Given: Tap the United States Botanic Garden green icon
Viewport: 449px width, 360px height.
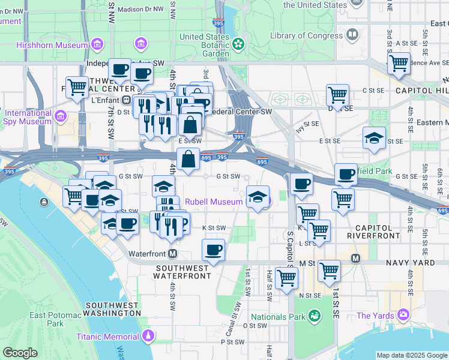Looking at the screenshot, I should pos(238,43).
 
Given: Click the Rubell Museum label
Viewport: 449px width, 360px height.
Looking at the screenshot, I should pos(213,202).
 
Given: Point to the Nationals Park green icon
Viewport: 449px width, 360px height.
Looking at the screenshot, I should pos(314,316).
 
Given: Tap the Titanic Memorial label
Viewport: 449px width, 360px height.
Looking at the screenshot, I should pos(107,337).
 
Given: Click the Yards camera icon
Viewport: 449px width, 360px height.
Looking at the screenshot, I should pos(402,314).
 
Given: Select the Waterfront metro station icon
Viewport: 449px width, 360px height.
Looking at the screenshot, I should pos(173,254).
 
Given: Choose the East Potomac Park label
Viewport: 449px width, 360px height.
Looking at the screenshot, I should pos(55,319).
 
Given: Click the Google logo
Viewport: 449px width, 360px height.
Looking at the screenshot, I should pos(20,353).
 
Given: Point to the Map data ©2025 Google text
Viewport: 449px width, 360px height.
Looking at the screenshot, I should pos(412,355).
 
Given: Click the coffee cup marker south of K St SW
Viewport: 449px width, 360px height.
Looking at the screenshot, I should pos(212,250).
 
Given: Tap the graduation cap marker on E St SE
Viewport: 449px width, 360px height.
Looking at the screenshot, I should pos(374,138).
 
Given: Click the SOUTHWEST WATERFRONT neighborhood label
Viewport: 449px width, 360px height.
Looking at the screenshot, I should pos(182,271).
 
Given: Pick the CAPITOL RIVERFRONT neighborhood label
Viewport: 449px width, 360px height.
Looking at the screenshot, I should pos(378,232).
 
